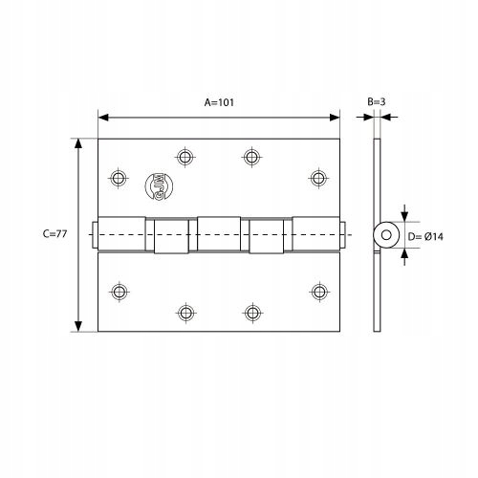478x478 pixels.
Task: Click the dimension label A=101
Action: point(220,101)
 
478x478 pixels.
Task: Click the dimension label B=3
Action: point(377,101)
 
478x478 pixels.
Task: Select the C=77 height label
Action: point(55,234)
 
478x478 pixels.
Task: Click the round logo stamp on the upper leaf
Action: point(154,185)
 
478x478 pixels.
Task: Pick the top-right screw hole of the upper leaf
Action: point(318,178)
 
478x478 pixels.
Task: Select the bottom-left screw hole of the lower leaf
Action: point(119,291)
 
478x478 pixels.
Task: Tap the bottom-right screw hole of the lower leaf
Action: point(318,291)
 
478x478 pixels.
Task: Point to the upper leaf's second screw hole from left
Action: point(185,155)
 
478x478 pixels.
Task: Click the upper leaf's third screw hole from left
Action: point(252,155)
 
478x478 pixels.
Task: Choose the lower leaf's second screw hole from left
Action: point(185,312)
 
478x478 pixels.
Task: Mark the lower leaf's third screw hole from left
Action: point(252,312)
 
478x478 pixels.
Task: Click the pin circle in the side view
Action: point(386,234)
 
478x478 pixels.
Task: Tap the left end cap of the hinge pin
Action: point(94,234)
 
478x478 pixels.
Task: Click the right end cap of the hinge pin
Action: point(343,234)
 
